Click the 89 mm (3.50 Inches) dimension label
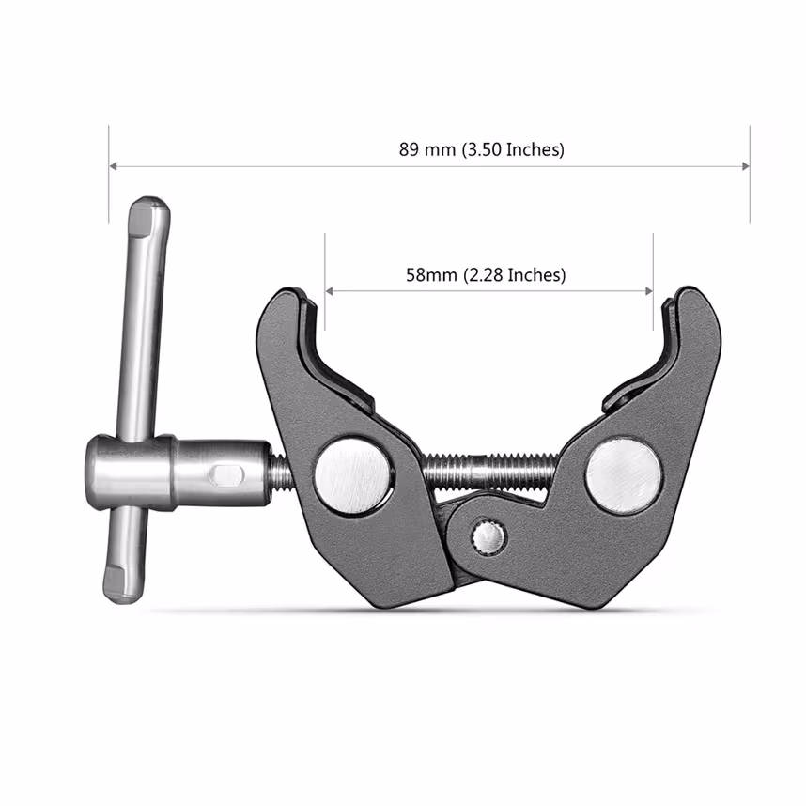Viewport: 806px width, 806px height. pos(481,149)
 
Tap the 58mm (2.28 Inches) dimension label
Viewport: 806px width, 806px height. pos(485,274)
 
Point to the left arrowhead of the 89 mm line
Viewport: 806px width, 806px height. pos(114,166)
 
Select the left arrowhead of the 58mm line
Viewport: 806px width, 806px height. pos(329,291)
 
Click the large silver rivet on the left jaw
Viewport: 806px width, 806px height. pos(353,474)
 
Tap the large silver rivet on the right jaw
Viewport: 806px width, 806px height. pos(624,474)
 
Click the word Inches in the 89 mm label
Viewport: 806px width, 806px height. pos(533,149)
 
